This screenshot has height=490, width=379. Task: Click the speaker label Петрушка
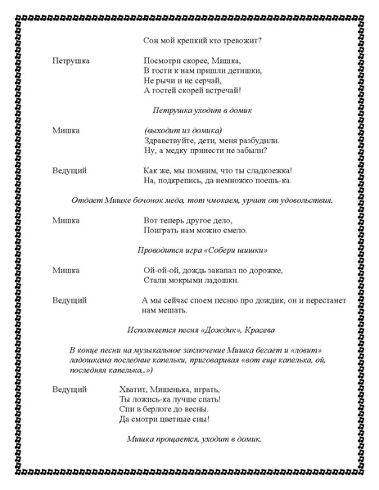tap(70, 61)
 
